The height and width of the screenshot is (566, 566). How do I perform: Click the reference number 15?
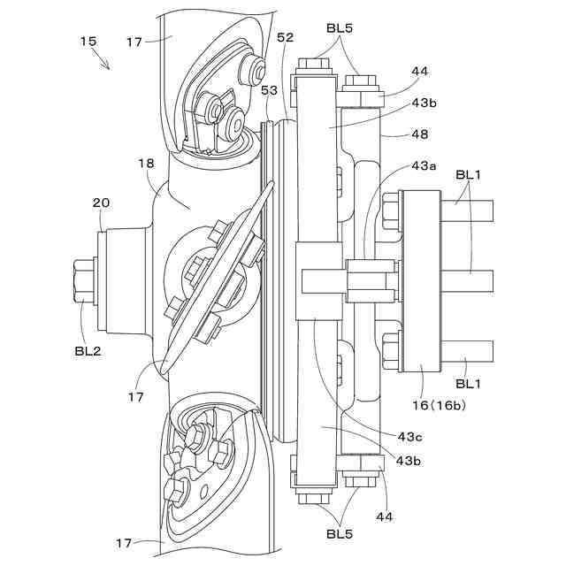(88, 41)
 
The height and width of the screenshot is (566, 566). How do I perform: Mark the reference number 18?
(147, 164)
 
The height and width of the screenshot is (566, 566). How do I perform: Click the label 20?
(102, 203)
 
